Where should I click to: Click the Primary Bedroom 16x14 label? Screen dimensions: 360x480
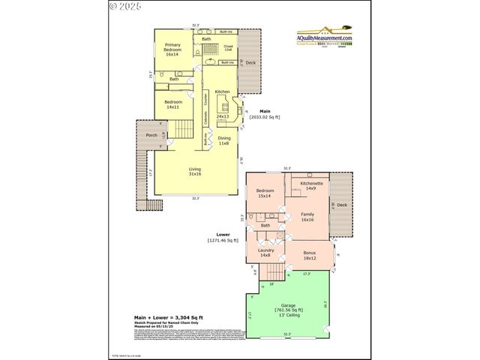172,49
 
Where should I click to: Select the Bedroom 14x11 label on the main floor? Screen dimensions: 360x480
172,104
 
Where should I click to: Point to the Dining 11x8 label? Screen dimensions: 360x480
223,140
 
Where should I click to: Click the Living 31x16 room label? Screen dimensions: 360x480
194,172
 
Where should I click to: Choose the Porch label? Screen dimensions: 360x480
151,135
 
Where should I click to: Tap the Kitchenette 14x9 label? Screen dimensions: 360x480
312,186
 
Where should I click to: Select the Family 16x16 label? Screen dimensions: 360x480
307,217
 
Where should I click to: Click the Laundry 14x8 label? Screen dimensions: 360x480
265,253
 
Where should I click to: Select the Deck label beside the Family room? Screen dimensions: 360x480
342,205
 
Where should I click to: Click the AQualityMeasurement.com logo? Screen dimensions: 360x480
324,37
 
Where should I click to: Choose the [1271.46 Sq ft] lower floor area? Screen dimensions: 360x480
223,240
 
